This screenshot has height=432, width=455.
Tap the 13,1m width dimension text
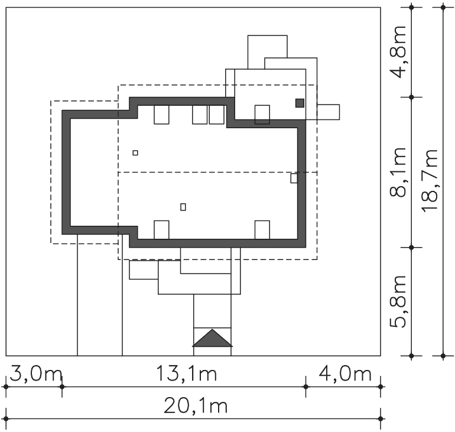tap(186, 373)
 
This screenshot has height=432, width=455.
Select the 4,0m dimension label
tap(345, 374)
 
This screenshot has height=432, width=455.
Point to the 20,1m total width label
tap(195, 406)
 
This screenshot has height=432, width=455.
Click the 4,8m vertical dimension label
tap(398, 52)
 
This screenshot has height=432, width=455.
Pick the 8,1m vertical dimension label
tap(398, 173)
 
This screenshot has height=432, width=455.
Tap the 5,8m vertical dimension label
tap(398, 302)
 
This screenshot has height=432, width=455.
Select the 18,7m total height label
tap(430, 180)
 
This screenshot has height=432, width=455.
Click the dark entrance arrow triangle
tap(212, 338)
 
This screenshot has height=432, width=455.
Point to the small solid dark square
tap(300, 103)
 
